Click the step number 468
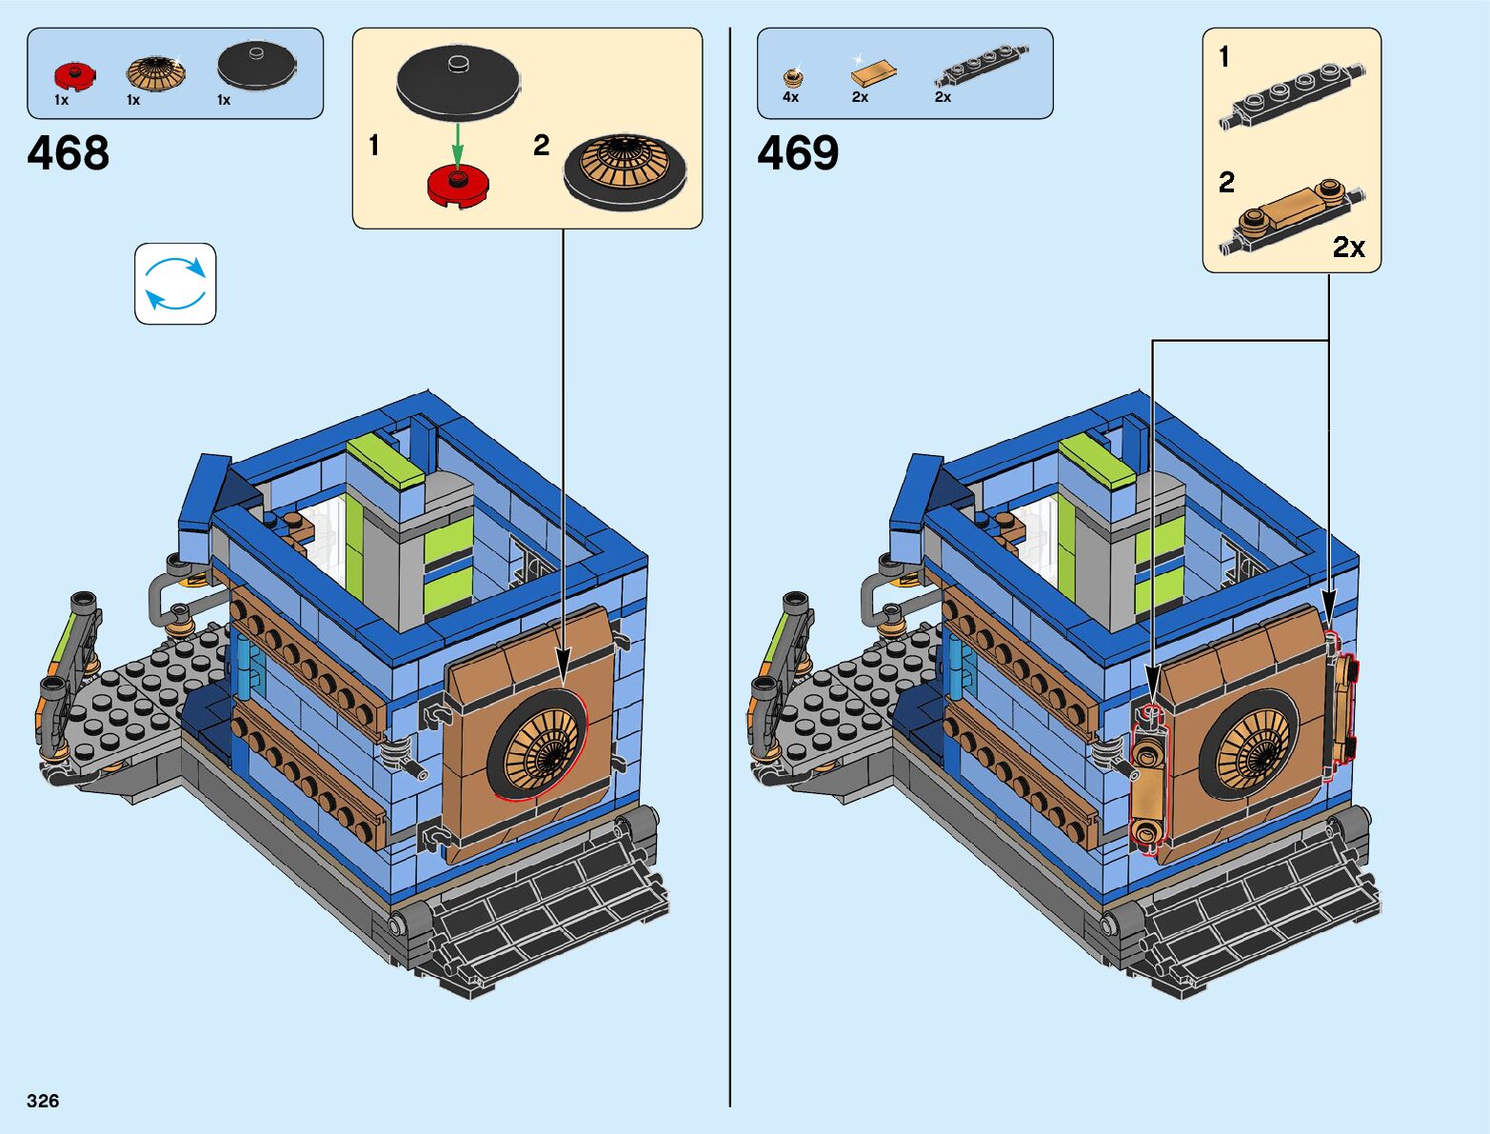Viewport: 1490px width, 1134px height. click(x=68, y=153)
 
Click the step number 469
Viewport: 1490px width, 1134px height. click(x=798, y=153)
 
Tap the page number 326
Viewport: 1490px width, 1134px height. click(x=43, y=1101)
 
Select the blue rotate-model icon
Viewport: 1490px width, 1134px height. click(x=175, y=284)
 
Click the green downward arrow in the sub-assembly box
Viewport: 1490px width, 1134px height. click(x=457, y=143)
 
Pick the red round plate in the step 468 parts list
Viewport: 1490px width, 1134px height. click(x=74, y=76)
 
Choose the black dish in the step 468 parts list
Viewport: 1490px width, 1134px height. click(x=256, y=64)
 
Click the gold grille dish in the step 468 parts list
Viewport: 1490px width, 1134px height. click(x=156, y=72)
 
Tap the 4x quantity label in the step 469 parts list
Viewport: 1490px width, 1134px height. click(x=790, y=97)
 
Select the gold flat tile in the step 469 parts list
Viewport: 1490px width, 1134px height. click(x=873, y=72)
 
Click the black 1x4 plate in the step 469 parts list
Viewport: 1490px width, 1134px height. click(x=981, y=65)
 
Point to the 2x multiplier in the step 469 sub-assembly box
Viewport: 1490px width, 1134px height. click(x=1348, y=248)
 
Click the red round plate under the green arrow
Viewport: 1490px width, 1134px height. click(x=458, y=185)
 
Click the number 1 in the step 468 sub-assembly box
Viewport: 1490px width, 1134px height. click(x=374, y=146)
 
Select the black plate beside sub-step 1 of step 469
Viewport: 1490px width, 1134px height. click(x=1291, y=95)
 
